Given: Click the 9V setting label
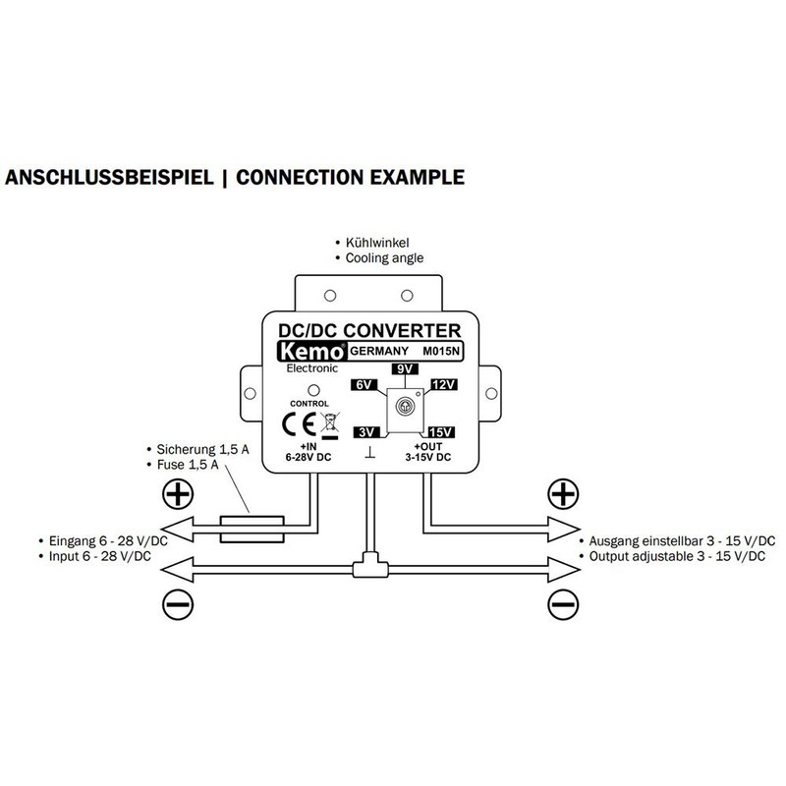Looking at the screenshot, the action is tap(405, 369).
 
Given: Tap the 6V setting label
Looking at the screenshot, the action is tap(364, 385).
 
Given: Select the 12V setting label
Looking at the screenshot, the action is tap(444, 384).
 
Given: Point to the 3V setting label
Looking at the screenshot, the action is tap(366, 432).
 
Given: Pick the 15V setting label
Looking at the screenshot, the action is tap(441, 432).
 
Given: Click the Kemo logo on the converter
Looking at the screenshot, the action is tap(311, 352).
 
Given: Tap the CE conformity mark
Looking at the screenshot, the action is tap(299, 424).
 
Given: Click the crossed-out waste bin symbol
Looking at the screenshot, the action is tap(329, 425).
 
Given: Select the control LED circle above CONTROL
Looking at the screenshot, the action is tap(313, 390).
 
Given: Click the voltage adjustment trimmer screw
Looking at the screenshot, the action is tap(405, 406).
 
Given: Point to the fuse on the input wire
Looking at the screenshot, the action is tap(253, 529).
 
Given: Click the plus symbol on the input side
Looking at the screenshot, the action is tap(178, 494).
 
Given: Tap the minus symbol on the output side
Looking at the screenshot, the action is tap(563, 604).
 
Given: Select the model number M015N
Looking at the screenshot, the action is tap(440, 352).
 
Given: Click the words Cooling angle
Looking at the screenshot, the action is tap(384, 258).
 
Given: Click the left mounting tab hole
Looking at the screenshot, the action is tap(250, 394).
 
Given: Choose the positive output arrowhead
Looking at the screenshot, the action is tap(564, 529).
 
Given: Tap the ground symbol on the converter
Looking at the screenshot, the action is tap(370, 453).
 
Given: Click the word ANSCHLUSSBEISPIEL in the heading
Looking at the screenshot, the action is tap(109, 178).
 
